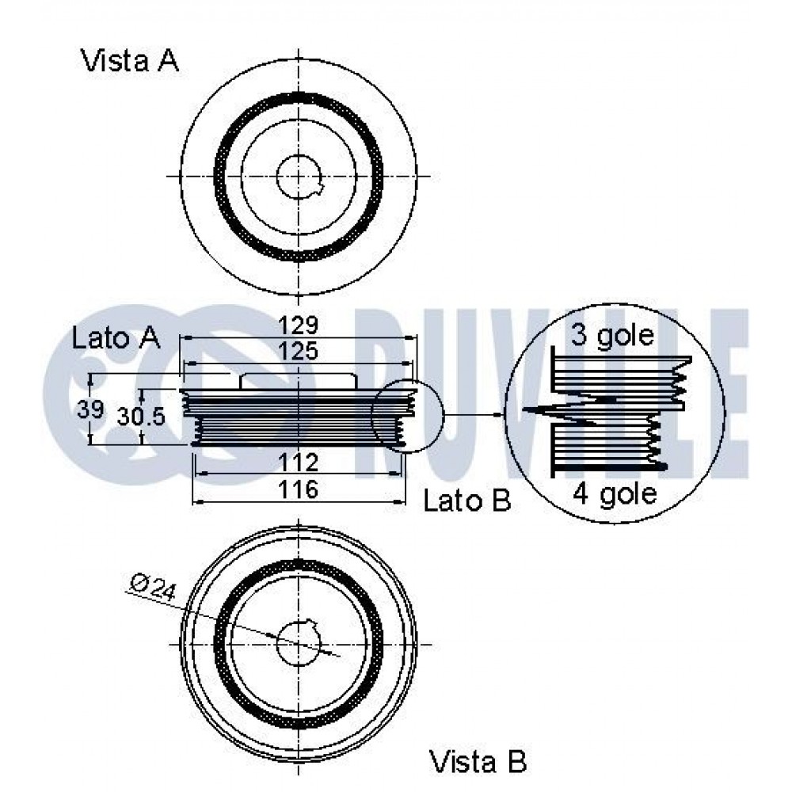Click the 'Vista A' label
tap(130, 61)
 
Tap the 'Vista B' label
tap(478, 762)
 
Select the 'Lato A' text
tap(116, 337)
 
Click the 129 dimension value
tap(299, 325)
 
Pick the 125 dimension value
tap(299, 351)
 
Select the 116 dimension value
tap(299, 489)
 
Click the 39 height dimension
tap(90, 409)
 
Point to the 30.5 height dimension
tap(141, 417)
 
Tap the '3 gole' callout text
tap(612, 335)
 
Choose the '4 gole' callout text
tap(615, 493)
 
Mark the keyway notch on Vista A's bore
tap(319, 189)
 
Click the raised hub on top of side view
tap(299, 381)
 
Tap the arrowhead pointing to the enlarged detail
tap(499, 415)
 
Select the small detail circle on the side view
tap(408, 416)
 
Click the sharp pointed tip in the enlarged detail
tap(524, 409)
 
